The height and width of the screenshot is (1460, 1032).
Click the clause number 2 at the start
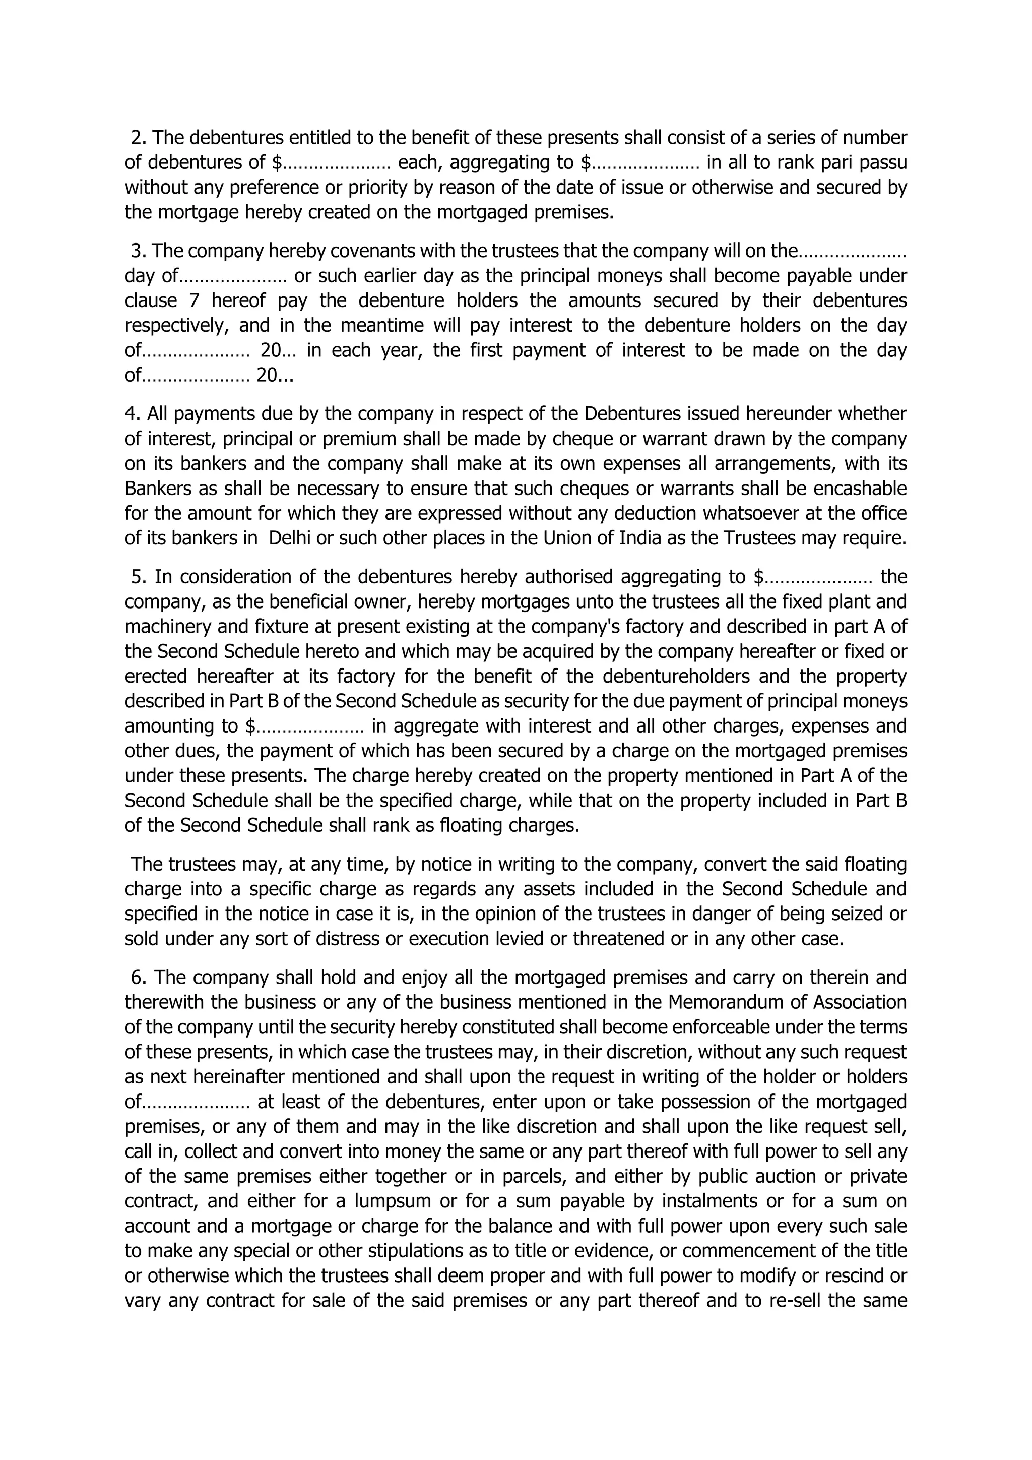pyautogui.click(x=137, y=137)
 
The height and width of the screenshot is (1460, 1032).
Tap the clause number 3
pyautogui.click(x=137, y=251)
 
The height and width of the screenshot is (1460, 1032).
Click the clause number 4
pyautogui.click(x=132, y=414)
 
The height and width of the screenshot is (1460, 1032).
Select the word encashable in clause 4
pyautogui.click(x=857, y=489)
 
